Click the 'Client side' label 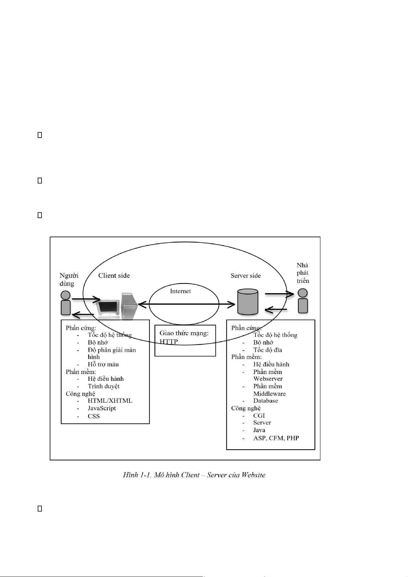click(x=114, y=275)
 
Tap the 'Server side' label click(x=246, y=276)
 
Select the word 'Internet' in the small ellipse click(x=181, y=291)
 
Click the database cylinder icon click(x=248, y=302)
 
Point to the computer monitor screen click(x=108, y=307)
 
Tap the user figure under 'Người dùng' click(x=65, y=303)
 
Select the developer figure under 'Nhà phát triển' click(x=302, y=301)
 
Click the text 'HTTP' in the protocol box click(x=169, y=341)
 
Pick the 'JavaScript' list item click(x=102, y=408)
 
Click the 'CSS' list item click(x=94, y=416)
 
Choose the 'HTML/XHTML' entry click(x=110, y=401)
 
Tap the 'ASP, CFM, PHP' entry click(x=276, y=438)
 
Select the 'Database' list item click(x=265, y=401)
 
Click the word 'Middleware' click(x=269, y=393)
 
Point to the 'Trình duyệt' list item click(x=103, y=386)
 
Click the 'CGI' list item click(x=259, y=416)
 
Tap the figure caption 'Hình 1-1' click(x=137, y=475)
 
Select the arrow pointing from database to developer click(x=280, y=294)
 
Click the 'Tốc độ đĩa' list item click(x=268, y=350)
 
